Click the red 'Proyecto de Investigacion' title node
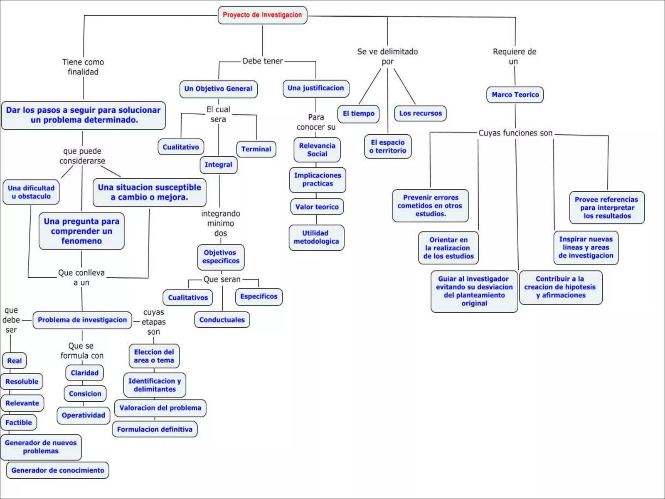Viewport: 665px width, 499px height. coord(262,15)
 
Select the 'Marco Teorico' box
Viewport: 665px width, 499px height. coord(515,95)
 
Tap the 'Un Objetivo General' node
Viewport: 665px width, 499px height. coord(218,89)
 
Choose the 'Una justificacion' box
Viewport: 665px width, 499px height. coord(316,88)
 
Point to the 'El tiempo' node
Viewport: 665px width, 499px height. coord(358,114)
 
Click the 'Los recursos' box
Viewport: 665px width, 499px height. coord(420,113)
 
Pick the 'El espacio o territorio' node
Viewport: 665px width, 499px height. coord(388,146)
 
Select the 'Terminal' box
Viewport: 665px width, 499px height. coord(256,149)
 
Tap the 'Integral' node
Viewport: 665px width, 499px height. coord(218,165)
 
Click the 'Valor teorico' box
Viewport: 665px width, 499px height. coord(317,207)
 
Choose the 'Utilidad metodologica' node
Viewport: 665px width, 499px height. coord(316,237)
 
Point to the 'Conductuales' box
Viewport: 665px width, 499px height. coord(222,320)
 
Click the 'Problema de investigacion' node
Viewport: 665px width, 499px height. coord(82,320)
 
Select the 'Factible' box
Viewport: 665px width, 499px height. coord(19,422)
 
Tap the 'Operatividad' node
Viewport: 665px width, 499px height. coord(84,415)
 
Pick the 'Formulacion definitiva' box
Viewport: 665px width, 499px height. coord(155,429)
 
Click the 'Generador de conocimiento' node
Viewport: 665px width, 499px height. coord(58,470)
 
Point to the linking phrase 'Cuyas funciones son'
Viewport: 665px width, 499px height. coord(515,133)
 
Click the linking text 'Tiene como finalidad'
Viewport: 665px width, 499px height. coord(83,67)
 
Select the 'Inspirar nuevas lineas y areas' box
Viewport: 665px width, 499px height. coord(586,247)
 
